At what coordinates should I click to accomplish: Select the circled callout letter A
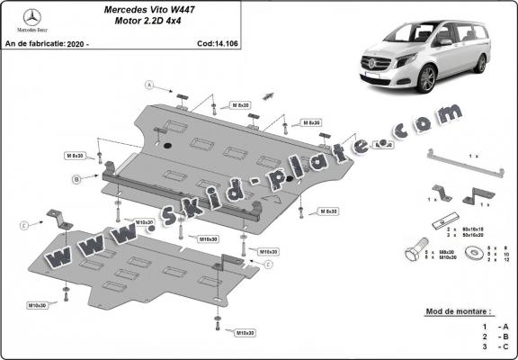tap(151, 85)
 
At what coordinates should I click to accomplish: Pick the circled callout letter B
tap(76, 180)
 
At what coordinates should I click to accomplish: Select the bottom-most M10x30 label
tap(244, 333)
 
